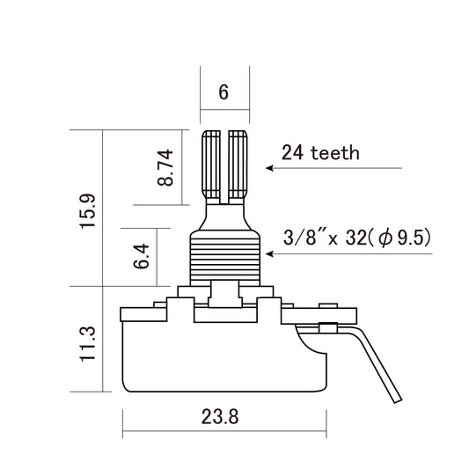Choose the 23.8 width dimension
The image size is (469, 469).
pos(220,416)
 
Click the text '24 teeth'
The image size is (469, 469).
pos(320,152)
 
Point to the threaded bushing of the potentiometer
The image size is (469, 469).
pos(224,255)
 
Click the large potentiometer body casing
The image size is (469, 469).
pos(220,352)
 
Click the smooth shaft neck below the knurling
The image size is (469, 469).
pos(224,211)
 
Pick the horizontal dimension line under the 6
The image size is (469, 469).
pos(224,110)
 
